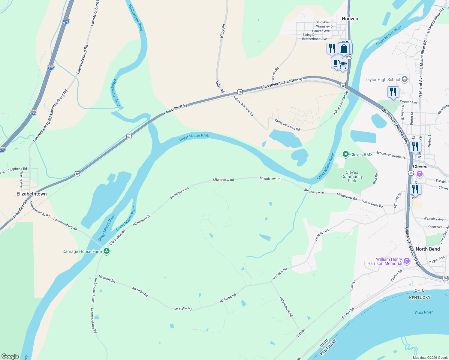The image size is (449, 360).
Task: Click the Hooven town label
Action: point(350,19)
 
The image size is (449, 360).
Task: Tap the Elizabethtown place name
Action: point(32,194)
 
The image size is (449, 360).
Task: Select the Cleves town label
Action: point(420,166)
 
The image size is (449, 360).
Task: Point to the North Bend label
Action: point(428,249)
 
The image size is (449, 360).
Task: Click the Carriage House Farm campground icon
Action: point(106,251)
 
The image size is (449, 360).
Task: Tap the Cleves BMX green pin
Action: point(346,154)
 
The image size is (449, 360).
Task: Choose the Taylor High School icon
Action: point(404,79)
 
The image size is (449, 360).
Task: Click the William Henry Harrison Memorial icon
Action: point(407,261)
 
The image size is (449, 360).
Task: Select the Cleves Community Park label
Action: point(352,176)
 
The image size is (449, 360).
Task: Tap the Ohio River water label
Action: point(423,312)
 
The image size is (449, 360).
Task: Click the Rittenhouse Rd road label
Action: point(286,307)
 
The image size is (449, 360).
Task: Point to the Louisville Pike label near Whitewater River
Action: point(176,109)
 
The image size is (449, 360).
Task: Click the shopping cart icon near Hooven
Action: point(342,64)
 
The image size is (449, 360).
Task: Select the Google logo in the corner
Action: point(10,356)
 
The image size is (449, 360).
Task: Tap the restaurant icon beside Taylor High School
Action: point(393,92)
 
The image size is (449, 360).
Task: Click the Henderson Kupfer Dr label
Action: point(390,155)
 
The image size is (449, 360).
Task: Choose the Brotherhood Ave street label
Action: point(315,39)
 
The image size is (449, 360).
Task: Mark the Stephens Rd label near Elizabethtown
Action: point(17,169)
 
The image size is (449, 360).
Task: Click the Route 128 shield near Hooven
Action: point(349,57)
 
